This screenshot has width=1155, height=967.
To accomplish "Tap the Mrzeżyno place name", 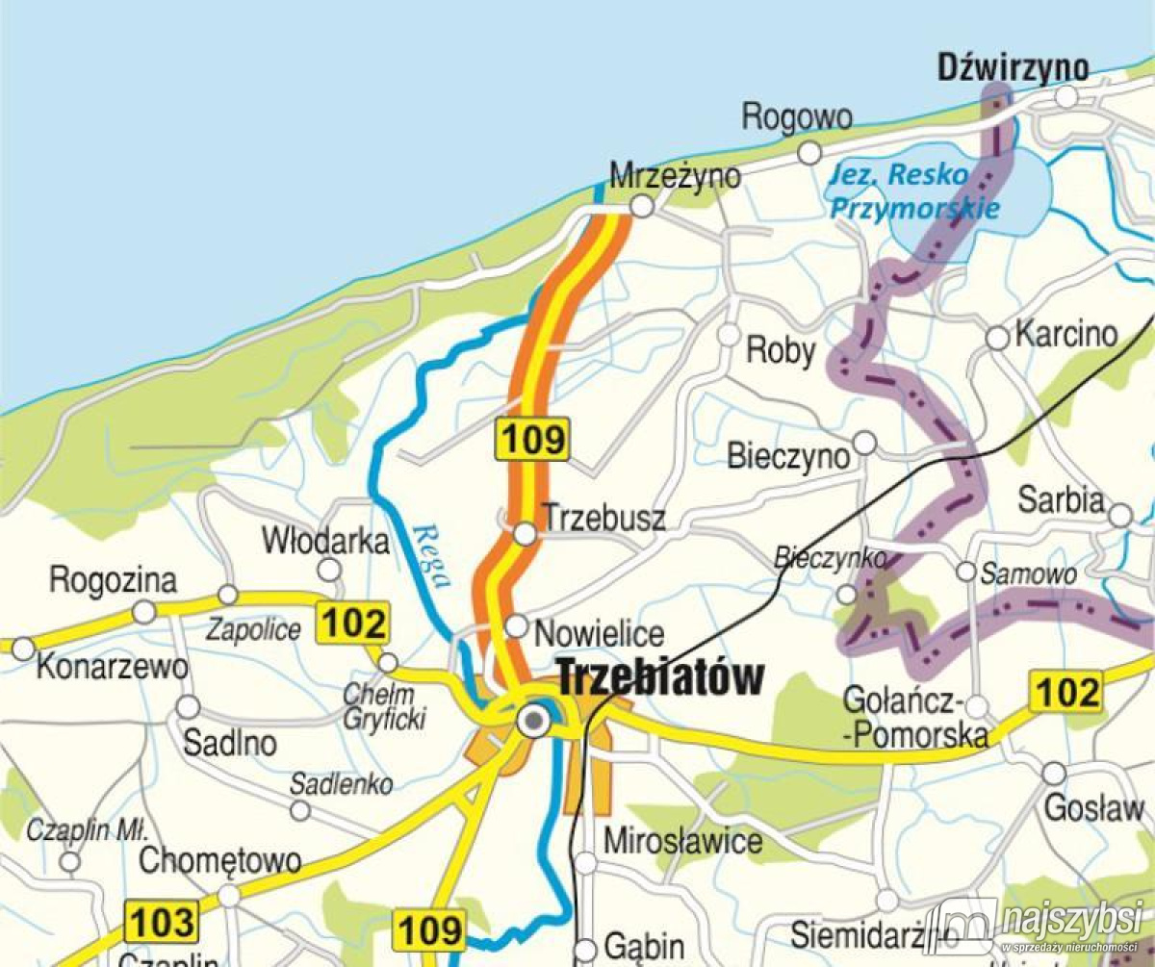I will point(676,176).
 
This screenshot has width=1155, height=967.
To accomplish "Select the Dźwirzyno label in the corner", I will point(1013,67).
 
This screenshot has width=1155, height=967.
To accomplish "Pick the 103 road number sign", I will point(162,921).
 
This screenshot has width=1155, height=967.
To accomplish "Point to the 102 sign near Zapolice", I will point(354,623).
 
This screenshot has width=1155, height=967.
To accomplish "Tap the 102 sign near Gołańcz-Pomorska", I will point(1066,692).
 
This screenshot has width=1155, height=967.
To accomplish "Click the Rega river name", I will point(431,555).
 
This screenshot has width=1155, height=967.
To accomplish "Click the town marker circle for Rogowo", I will point(809,152).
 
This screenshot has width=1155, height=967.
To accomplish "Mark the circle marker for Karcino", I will point(998,338).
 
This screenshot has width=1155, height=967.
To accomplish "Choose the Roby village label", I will point(781,351).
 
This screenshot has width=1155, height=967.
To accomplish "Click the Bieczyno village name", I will point(788,455).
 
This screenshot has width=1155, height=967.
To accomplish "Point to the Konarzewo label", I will point(112,668).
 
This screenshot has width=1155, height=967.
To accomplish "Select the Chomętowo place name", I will point(220,860).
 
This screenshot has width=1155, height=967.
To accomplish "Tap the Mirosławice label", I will point(682,842).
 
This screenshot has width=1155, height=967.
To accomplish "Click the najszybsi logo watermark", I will point(1039,925).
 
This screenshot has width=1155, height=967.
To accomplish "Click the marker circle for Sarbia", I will point(1119,516).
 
